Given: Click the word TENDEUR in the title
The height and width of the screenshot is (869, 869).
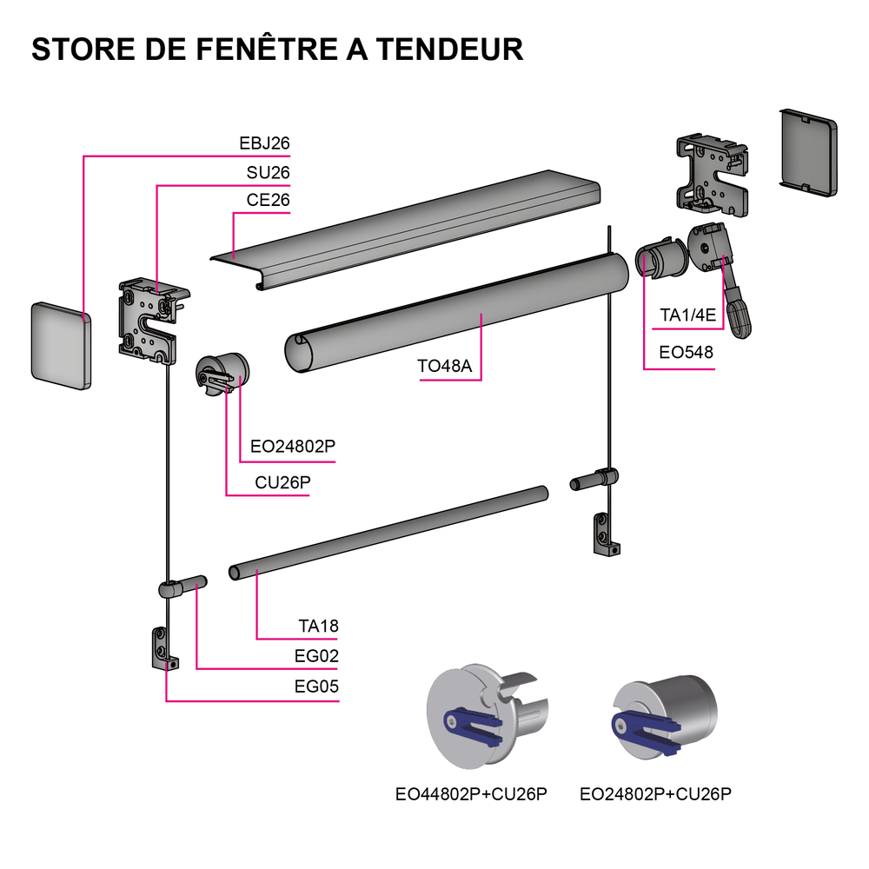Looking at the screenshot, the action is (x=449, y=49).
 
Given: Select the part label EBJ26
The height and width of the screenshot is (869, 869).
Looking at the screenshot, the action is (x=264, y=143).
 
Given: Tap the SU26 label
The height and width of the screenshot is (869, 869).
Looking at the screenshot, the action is (x=269, y=173).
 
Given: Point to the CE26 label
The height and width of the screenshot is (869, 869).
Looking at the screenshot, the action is (x=269, y=200).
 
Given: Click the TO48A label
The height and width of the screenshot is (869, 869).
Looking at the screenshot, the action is (x=444, y=366).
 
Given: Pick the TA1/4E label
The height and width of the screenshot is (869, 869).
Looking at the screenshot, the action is (x=687, y=315).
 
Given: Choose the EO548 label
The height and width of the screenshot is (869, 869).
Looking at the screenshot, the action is (x=687, y=352).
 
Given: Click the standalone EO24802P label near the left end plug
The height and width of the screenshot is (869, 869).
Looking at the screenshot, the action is (x=293, y=446).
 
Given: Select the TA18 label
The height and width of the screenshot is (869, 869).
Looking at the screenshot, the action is (x=319, y=627).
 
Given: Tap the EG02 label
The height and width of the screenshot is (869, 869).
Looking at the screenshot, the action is (x=316, y=656).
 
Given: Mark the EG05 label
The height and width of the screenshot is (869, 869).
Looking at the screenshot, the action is (x=316, y=687).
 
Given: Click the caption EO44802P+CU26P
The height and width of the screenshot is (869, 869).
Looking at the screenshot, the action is (x=471, y=794).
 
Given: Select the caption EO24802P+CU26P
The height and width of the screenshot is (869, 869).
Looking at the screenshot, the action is (x=655, y=794).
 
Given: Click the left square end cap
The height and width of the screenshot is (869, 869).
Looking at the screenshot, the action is (x=61, y=346).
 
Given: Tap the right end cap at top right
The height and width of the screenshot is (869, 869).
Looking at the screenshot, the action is (x=808, y=152).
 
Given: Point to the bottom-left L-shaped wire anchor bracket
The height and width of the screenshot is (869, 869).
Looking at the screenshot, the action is (x=164, y=648).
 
